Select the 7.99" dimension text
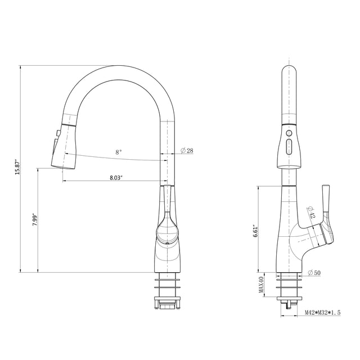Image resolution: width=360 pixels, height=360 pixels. tap(34, 220)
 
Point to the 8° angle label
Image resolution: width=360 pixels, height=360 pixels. tap(118, 152)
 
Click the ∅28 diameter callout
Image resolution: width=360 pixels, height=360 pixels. tap(187, 151)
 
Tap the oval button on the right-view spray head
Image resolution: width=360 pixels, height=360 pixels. tap(289, 148)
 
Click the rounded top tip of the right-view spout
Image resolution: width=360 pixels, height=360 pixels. tap(289, 70)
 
